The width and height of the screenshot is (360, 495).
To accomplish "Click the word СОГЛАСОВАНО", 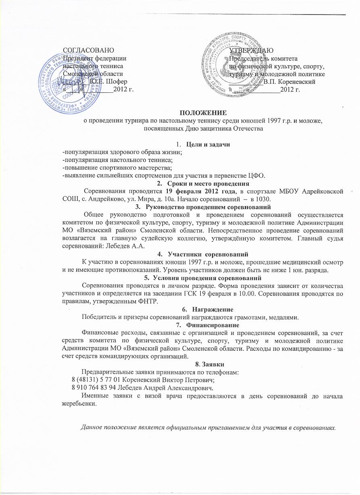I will click(89, 50).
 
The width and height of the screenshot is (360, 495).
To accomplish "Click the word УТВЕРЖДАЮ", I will click(252, 50).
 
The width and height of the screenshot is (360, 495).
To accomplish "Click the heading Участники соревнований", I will click(207, 254).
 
